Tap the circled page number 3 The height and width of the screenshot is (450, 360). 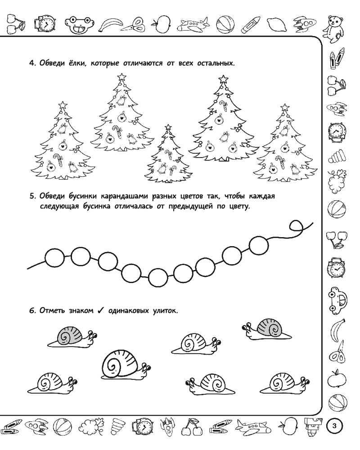coord(334,425)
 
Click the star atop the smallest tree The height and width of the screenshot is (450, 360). coord(168,127)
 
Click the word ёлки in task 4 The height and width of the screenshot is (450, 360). coord(76,63)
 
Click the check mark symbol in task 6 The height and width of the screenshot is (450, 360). coord(100,310)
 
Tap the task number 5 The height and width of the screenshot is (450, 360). coord(32,197)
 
